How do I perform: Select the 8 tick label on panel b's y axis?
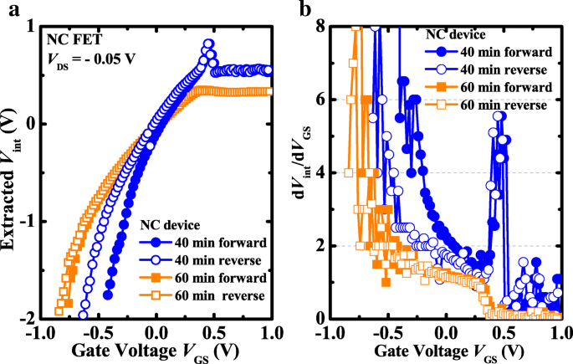(x=321, y=27)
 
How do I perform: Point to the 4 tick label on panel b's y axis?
(x=321, y=172)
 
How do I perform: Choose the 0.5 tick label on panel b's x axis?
(x=504, y=333)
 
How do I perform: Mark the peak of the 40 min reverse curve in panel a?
(x=208, y=44)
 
